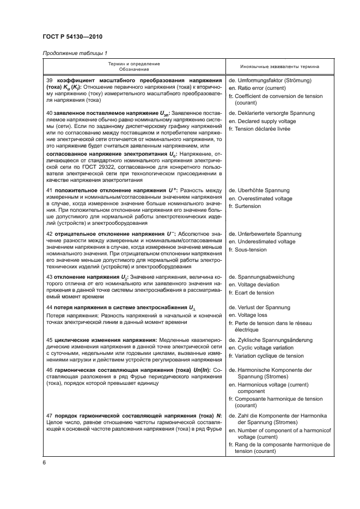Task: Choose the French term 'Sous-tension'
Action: point(251,249)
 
